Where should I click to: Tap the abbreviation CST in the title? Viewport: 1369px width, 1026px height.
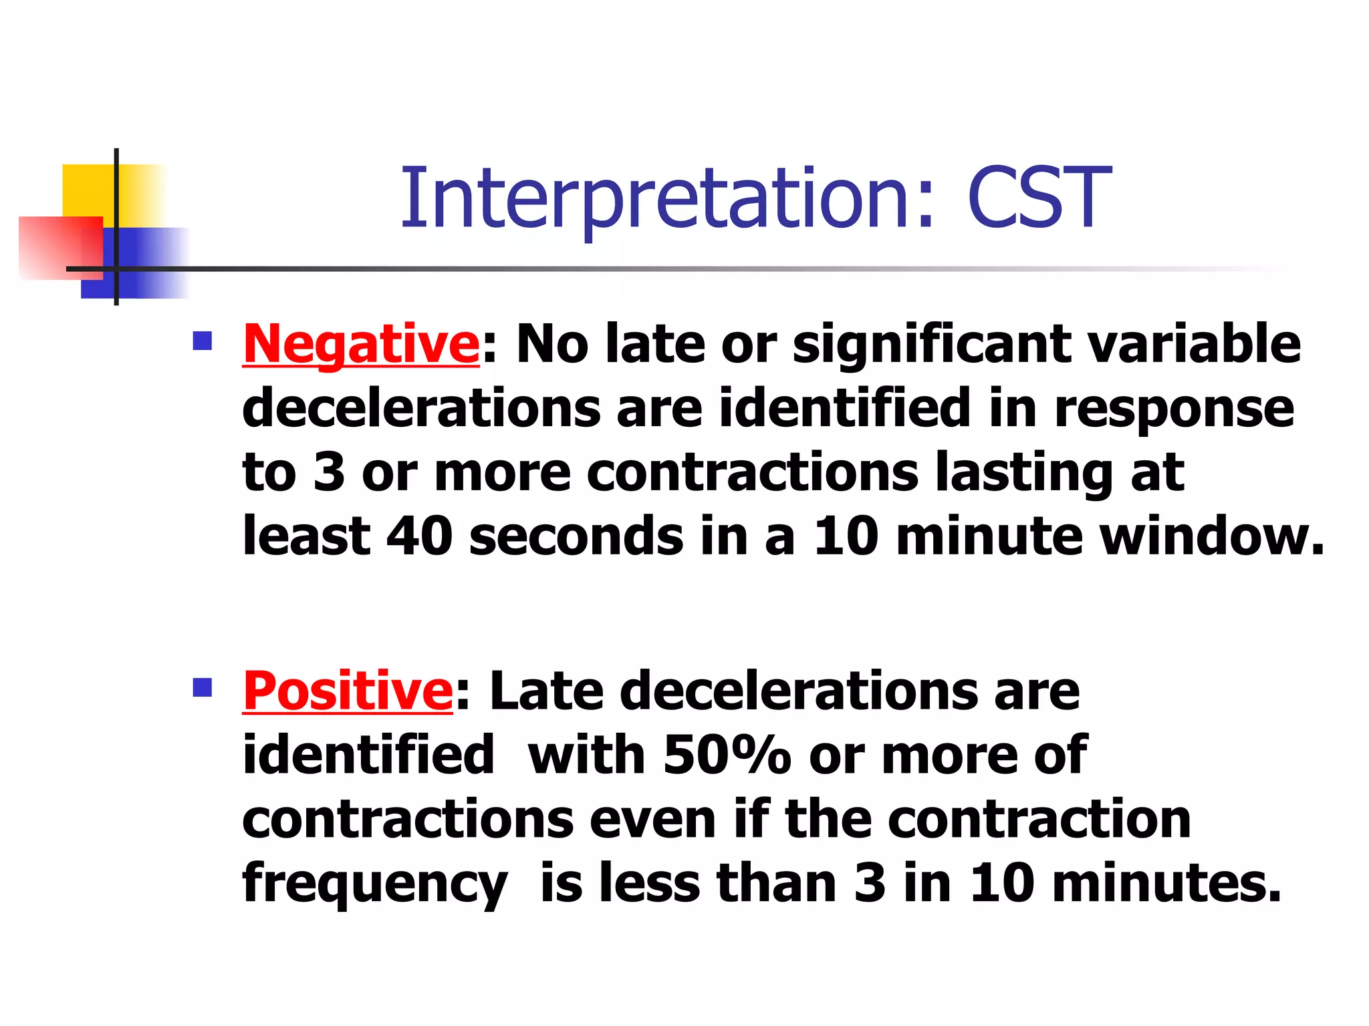1038,198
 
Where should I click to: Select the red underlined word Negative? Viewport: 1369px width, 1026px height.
361,344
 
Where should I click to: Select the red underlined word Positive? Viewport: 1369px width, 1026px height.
348,691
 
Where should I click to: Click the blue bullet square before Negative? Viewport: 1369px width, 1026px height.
202,341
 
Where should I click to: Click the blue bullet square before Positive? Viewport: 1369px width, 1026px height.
202,687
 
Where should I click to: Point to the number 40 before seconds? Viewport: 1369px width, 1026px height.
420,536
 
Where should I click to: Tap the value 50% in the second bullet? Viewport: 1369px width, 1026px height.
727,755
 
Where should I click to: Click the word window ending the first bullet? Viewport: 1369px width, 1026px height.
1210,536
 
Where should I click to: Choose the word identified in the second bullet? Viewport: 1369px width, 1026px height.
368,755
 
